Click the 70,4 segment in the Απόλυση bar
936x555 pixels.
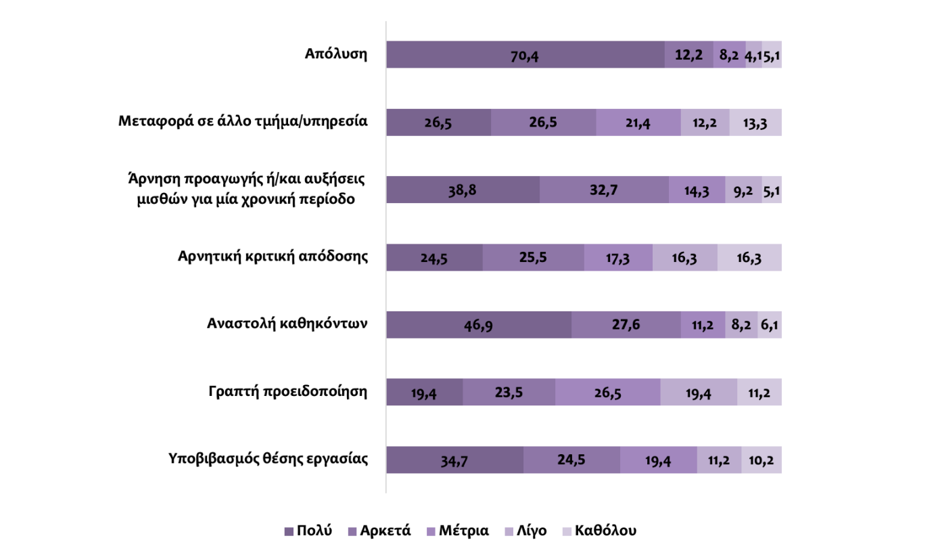coord(525,55)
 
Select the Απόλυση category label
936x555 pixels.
coord(336,54)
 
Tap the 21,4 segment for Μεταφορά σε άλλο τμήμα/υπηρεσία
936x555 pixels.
coord(638,123)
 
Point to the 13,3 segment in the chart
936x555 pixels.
coord(755,123)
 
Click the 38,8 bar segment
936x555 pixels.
coord(463,190)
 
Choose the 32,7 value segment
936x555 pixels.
coord(604,190)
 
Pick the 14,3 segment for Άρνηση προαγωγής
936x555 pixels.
coord(697,190)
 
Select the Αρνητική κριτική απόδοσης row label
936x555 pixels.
coord(273,257)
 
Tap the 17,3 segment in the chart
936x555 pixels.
coord(618,258)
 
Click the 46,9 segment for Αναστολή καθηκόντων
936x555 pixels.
coord(478,326)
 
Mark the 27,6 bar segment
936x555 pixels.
coord(626,326)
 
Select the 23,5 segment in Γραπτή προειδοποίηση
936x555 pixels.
coord(509,393)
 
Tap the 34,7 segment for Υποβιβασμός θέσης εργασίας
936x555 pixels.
coord(454,460)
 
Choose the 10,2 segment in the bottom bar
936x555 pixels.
coord(762,460)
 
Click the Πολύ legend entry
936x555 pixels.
coord(308,531)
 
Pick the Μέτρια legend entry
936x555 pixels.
coord(457,531)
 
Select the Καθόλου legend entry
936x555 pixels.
coord(600,531)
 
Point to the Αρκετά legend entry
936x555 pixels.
coord(380,531)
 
